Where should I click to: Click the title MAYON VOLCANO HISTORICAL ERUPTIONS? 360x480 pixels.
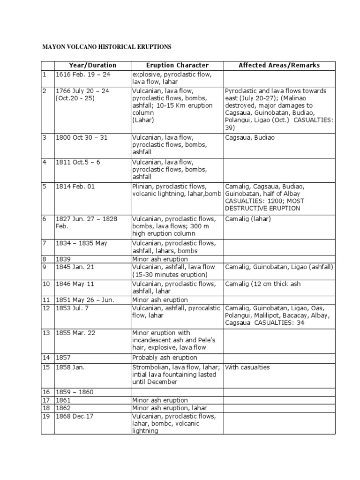(x=107, y=47)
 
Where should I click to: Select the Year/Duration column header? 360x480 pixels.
(x=92, y=65)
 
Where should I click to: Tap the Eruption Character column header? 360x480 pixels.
(x=177, y=65)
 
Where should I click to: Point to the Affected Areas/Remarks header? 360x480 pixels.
(x=279, y=65)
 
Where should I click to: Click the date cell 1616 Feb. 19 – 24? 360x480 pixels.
(x=82, y=75)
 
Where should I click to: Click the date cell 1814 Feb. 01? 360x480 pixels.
(x=75, y=187)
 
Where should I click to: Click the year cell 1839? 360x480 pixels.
(x=64, y=259)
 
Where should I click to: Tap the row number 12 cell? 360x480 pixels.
(x=47, y=308)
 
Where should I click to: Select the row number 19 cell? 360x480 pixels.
(x=47, y=416)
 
